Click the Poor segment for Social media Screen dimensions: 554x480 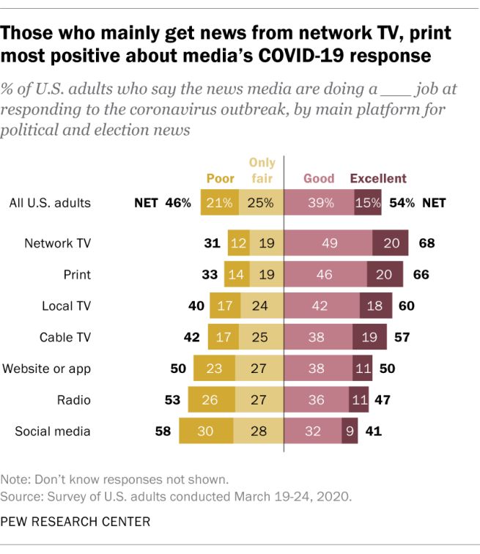point(205,431)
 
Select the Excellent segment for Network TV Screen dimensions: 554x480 point(391,243)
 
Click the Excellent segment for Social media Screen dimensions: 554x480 point(349,431)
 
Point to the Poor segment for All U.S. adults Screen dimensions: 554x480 point(219,202)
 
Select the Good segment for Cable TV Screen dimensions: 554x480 point(318,336)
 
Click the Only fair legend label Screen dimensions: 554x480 point(262,170)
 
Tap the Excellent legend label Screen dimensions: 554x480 point(378,178)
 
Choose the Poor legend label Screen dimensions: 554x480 point(221,178)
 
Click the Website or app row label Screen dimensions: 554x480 point(47,368)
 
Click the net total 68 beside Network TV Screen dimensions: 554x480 point(427,243)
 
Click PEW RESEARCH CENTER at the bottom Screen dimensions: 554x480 point(77,522)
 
